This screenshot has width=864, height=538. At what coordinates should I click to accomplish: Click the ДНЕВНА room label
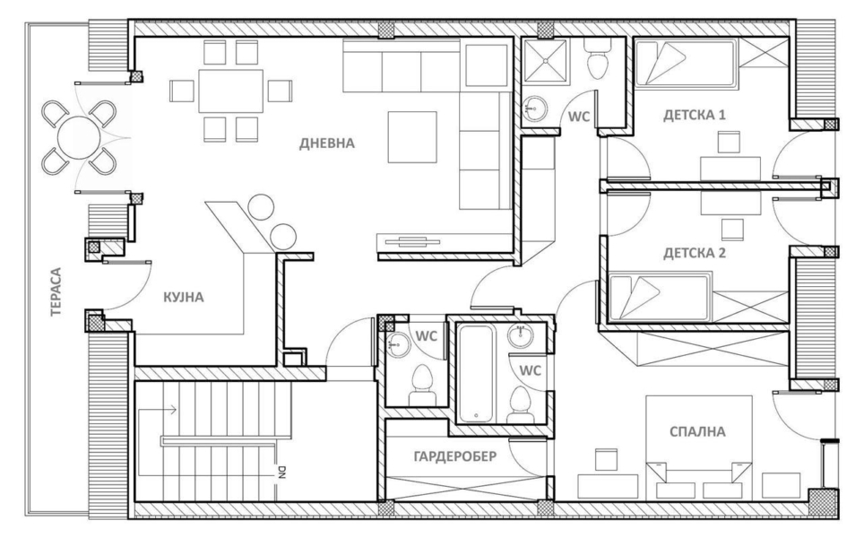coord(327,143)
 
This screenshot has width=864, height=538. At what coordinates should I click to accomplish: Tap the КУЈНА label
coord(184,298)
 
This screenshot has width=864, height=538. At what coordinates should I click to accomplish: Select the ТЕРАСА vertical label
coord(56,291)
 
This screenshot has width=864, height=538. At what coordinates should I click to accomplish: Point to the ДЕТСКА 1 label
coord(695,115)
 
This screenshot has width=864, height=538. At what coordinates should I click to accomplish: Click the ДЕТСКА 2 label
coord(695,253)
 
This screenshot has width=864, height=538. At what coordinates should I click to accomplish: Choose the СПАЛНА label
coord(697,431)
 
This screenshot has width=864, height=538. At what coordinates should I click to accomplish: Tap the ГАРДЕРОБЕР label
coord(454,456)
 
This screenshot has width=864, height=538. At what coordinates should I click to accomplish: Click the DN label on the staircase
coord(281,473)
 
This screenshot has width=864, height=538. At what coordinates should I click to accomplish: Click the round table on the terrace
coord(80,136)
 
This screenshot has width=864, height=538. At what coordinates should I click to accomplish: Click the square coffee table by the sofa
coord(412,137)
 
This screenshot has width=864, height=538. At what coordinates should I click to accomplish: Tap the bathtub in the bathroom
coord(477,373)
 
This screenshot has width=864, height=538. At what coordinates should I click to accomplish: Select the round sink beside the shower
coord(533,108)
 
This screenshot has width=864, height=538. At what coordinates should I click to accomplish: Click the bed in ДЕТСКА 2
coord(660,298)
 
